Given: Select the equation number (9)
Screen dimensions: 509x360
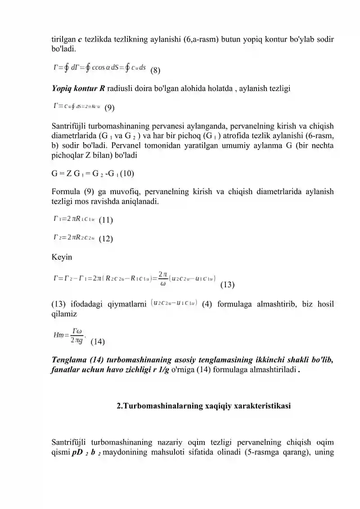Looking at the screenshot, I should [109, 108].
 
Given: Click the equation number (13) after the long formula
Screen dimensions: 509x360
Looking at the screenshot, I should [228, 284].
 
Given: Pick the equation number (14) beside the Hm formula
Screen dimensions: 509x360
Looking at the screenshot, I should [98, 341].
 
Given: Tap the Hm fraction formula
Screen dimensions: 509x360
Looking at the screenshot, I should [69, 335].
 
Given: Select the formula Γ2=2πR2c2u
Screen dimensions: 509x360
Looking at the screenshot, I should [73, 238].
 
